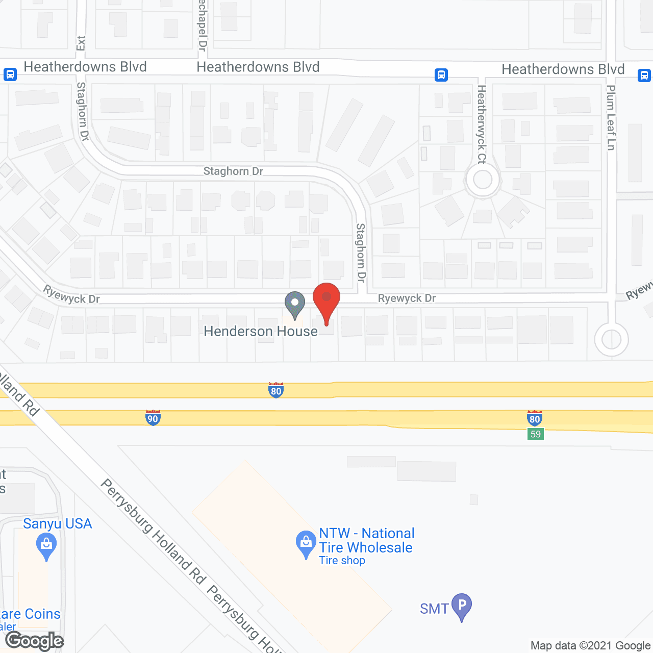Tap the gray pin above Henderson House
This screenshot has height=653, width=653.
(294, 304)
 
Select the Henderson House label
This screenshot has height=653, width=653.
(261, 332)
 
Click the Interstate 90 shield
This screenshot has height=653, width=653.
(153, 417)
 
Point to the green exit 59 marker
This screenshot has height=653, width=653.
(535, 434)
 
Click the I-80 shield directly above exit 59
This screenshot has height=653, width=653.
(534, 418)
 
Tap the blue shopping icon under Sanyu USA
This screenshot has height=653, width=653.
(46, 545)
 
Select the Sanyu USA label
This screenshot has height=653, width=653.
(57, 524)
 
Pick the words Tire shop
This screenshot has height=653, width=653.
(342, 561)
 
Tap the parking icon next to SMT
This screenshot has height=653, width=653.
(462, 606)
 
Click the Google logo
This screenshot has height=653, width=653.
(35, 641)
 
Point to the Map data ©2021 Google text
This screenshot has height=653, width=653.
(590, 646)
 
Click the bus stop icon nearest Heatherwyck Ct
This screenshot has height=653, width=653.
(441, 75)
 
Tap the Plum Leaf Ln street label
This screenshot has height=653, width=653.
(611, 118)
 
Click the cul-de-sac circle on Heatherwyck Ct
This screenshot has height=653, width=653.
(483, 179)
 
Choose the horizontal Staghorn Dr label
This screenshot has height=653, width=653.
(233, 171)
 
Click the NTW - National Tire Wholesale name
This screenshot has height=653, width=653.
(366, 540)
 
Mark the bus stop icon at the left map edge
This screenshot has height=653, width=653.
(10, 74)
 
